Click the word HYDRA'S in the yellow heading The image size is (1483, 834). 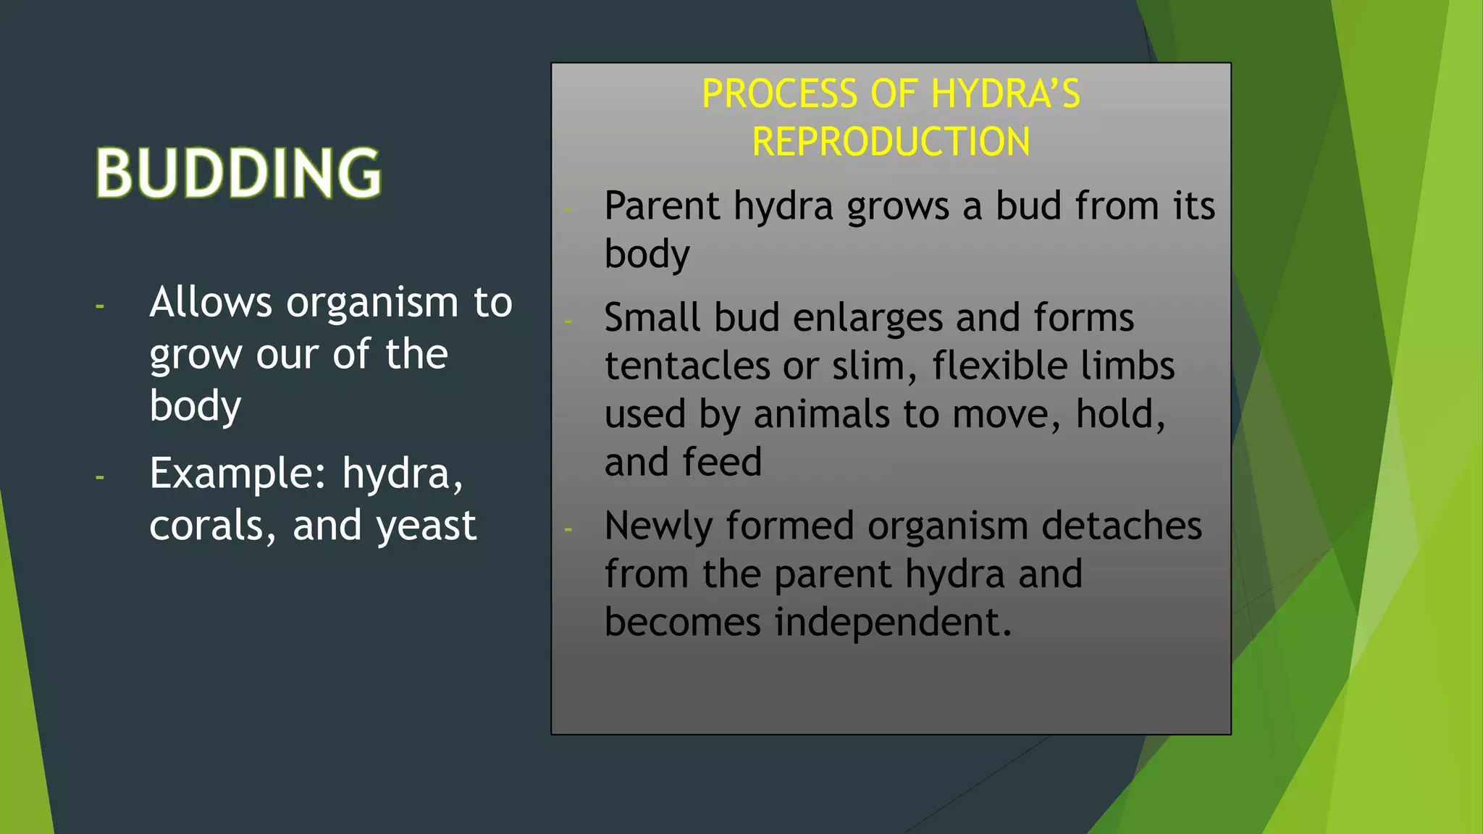[x=1005, y=94]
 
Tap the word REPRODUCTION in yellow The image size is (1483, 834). [x=891, y=142]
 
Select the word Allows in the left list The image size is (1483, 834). [x=211, y=302]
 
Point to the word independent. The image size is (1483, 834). [x=893, y=622]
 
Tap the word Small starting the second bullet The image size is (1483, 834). [x=652, y=318]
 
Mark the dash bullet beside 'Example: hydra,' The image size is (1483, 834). [x=100, y=478]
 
